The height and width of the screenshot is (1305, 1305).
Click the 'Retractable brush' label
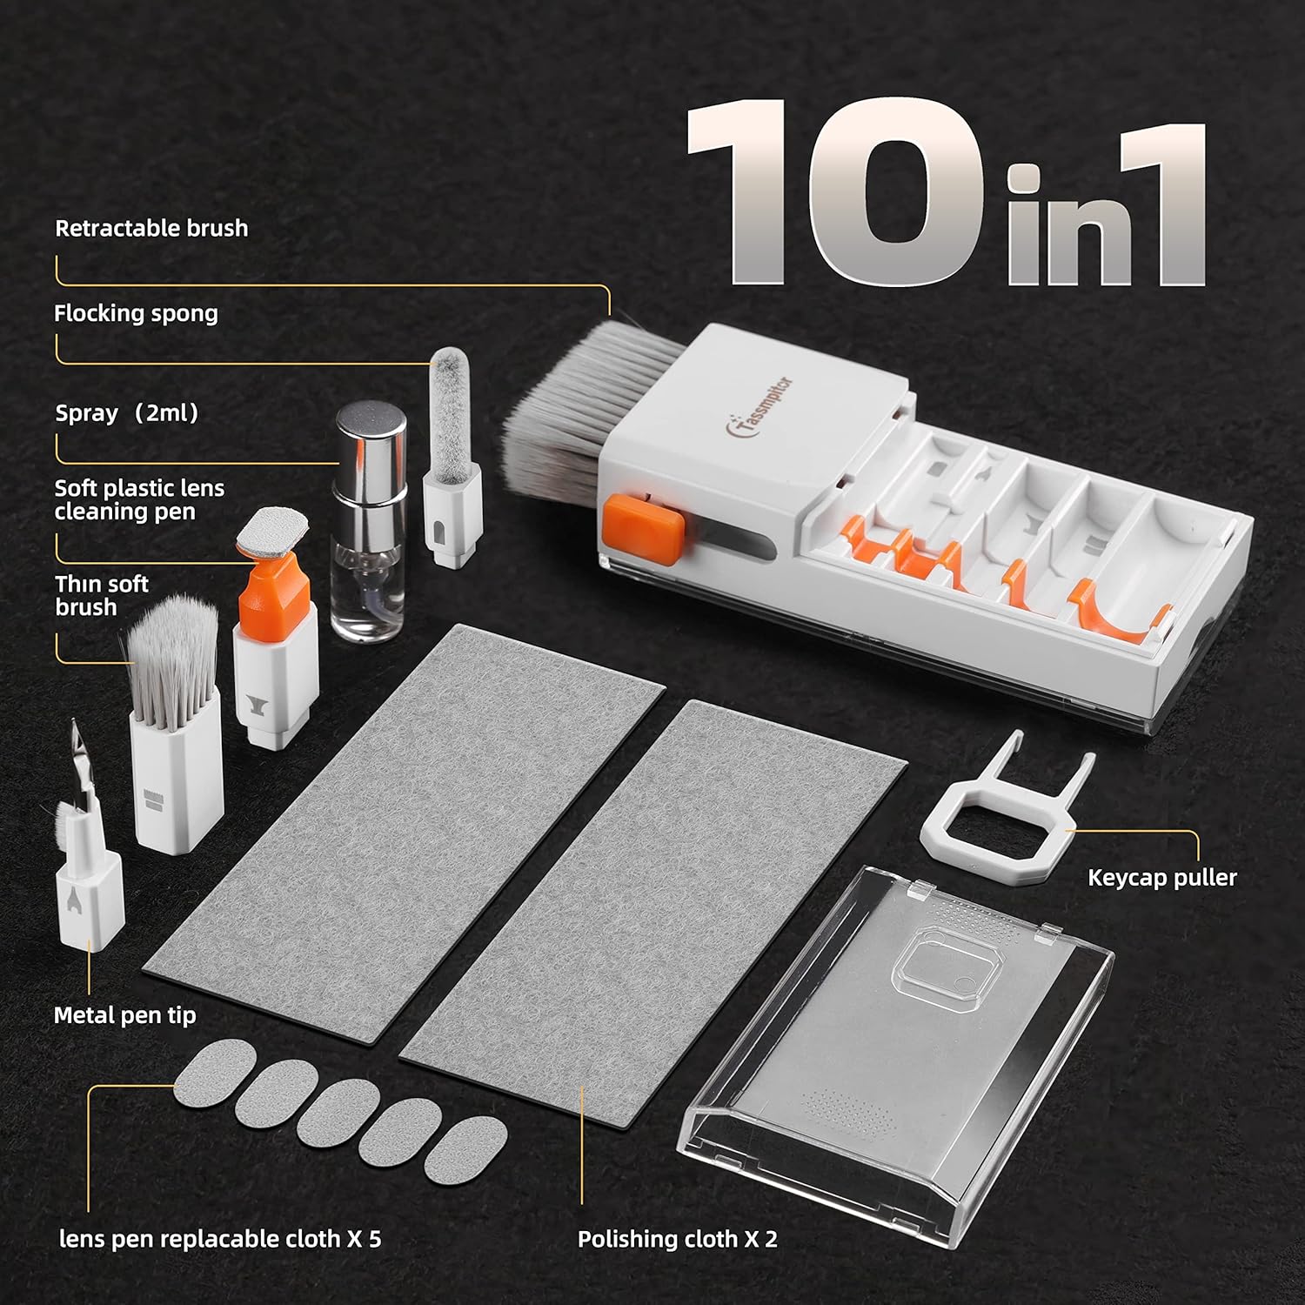tap(151, 229)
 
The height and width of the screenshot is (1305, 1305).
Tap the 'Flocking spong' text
tap(136, 314)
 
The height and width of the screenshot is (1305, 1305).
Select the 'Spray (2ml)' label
tap(127, 413)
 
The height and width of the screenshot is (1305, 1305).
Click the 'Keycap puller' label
tap(1161, 878)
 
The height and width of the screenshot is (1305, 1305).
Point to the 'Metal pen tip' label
tap(124, 1015)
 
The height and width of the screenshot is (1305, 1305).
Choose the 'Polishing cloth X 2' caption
tap(677, 1239)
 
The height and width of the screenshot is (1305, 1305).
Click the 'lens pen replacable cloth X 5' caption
tap(220, 1239)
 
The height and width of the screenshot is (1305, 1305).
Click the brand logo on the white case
tap(759, 409)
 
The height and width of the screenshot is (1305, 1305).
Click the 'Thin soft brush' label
tap(102, 596)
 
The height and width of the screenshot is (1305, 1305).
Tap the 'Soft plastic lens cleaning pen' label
tap(139, 500)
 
